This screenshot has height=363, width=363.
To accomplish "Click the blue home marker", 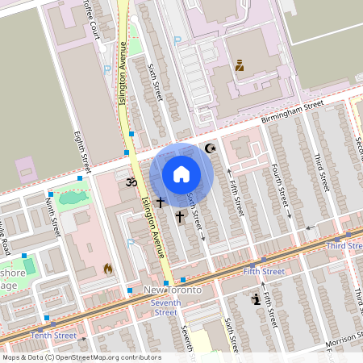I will (x=181, y=174).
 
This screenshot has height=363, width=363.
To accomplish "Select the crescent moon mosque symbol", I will (x=212, y=148).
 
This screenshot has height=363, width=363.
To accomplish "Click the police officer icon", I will (x=239, y=67).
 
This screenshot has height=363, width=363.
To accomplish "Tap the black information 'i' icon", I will (x=257, y=299).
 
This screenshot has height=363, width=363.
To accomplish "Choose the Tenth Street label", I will (x=53, y=335).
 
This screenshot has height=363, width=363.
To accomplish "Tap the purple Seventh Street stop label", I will (x=165, y=307).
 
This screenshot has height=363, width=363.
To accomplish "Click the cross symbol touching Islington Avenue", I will (x=160, y=202).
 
